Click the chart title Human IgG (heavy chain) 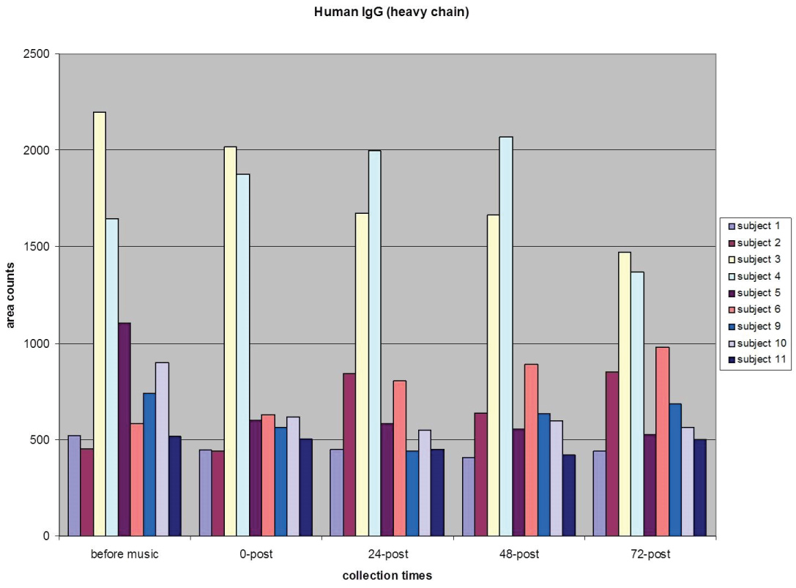(x=398, y=12)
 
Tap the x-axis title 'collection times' (x=387, y=576)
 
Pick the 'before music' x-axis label (x=124, y=554)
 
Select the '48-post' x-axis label (x=518, y=554)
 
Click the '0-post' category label (x=256, y=554)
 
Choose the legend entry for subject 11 (x=756, y=360)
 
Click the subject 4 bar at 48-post (x=506, y=336)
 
